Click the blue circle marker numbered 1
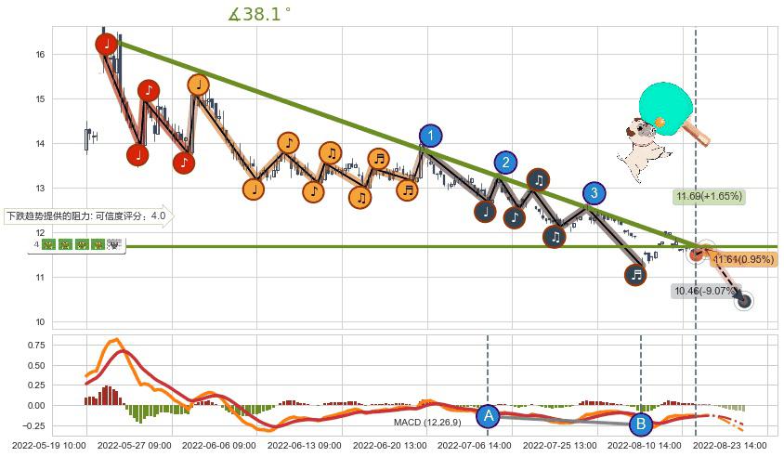pyautogui.click(x=430, y=136)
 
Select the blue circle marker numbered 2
pyautogui.click(x=505, y=163)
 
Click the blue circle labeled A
pyautogui.click(x=489, y=415)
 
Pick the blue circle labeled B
pyautogui.click(x=641, y=424)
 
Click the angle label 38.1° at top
pyautogui.click(x=259, y=14)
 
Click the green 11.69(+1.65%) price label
pyautogui.click(x=709, y=196)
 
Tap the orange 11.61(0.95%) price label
pyautogui.click(x=743, y=259)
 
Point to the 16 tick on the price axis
pyautogui.click(x=40, y=55)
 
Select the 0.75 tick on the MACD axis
pyautogui.click(x=33, y=345)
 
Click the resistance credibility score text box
pyautogui.click(x=87, y=216)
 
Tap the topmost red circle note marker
pyautogui.click(x=107, y=43)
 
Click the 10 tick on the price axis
pyautogui.click(x=40, y=322)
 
